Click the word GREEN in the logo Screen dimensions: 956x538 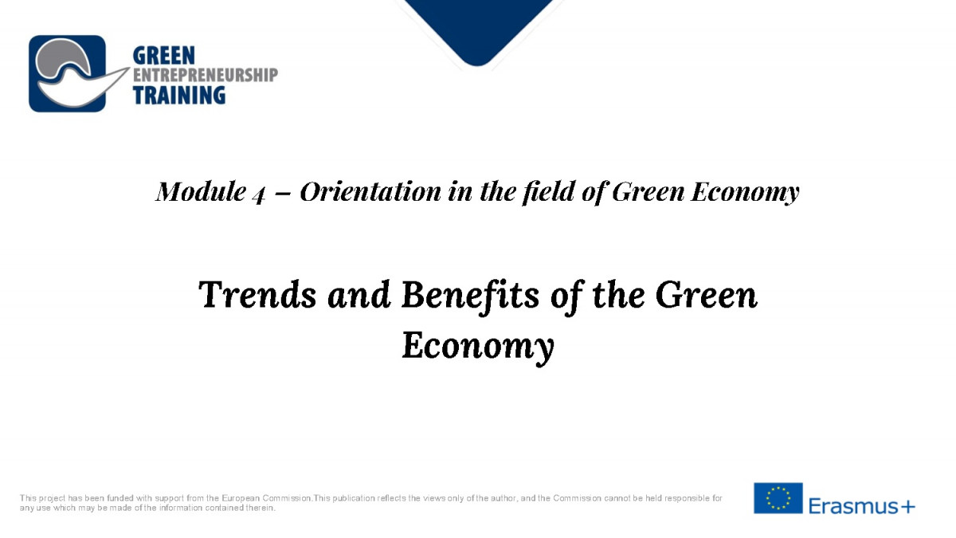164,56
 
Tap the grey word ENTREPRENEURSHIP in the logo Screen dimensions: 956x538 206,75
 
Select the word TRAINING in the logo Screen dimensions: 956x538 178,95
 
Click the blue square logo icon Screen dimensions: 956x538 68,73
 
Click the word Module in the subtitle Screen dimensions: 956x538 201,191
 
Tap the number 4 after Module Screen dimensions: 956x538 259,194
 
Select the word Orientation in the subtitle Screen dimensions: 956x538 370,191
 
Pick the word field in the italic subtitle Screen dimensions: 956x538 549,191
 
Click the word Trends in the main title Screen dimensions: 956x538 257,294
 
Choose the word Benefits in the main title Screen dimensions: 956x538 470,294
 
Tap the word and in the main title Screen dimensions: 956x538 359,294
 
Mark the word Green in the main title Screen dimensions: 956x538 707,294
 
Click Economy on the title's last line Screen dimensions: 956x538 478,345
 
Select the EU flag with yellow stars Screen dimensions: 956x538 778,498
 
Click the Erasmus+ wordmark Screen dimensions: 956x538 862,506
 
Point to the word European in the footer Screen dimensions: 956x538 241,498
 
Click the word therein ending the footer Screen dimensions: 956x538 261,508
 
